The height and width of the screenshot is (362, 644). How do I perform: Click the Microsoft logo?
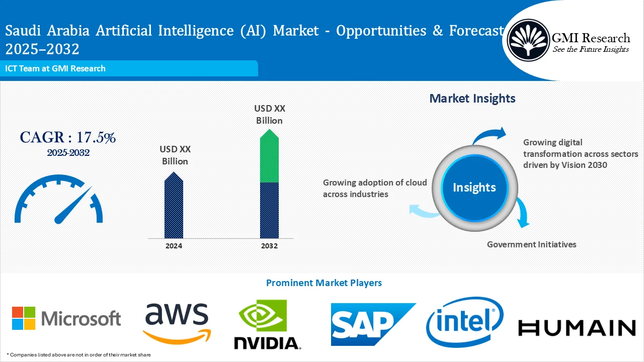(66, 318)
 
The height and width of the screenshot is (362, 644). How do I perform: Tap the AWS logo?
(177, 322)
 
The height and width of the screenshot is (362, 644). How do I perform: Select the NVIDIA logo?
(267, 324)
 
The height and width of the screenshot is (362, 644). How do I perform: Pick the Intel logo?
(464, 322)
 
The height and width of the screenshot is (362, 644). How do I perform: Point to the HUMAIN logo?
(577, 328)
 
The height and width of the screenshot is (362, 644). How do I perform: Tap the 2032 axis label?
(269, 246)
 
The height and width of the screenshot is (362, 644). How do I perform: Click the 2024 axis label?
(174, 246)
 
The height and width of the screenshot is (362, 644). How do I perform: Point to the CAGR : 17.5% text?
(68, 137)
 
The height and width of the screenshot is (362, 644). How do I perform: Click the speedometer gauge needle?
(72, 206)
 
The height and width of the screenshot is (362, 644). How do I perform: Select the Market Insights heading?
(472, 98)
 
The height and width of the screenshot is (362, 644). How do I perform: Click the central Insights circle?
(474, 188)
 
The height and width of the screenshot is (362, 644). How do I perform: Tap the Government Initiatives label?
(531, 244)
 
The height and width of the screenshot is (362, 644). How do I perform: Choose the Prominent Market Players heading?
(324, 283)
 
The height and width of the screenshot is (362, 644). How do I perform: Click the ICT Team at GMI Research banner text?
(55, 68)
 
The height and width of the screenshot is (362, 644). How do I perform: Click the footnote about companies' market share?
(78, 355)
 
